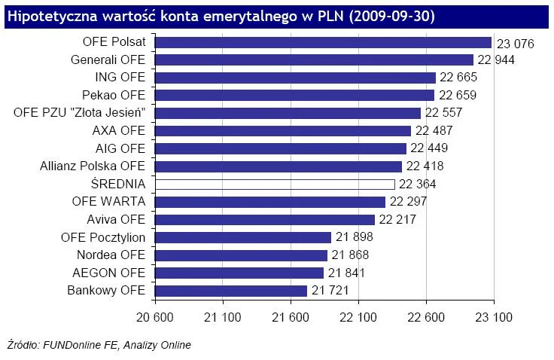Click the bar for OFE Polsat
323,43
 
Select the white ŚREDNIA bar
275,185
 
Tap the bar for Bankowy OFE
231,291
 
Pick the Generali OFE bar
314,60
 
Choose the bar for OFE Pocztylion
243,237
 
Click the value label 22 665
461,78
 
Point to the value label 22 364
419,185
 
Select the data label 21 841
348,273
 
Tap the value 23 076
515,44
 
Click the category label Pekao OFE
113,96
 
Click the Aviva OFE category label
116,220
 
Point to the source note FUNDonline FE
81,346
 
